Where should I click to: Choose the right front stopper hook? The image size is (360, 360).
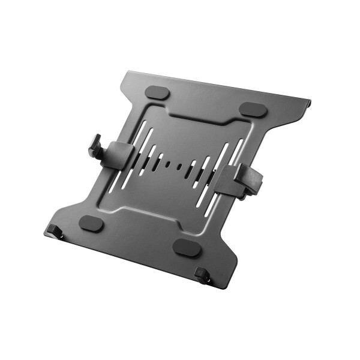(203, 275)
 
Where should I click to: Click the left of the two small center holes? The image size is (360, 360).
(169, 163)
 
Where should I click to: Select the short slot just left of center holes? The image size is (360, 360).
(160, 160)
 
